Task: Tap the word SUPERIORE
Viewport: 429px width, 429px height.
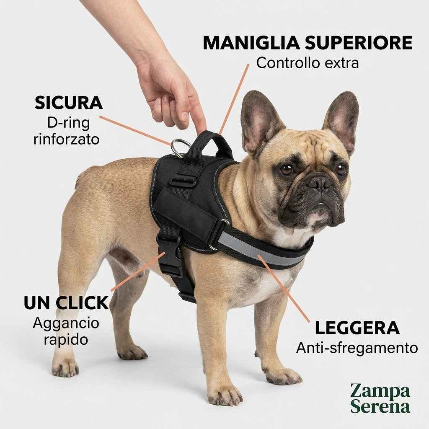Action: point(359,43)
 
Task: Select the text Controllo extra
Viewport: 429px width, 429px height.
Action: point(308,63)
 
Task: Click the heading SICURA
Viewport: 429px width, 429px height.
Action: point(69,103)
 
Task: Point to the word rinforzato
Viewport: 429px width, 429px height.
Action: point(67,139)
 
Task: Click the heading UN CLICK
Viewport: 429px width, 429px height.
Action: point(67,302)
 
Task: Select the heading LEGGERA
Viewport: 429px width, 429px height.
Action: point(357,328)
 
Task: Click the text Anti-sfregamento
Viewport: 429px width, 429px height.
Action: point(357,348)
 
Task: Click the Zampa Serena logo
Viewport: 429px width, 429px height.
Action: point(380,398)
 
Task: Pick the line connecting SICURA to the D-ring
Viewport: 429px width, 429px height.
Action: point(135,131)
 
